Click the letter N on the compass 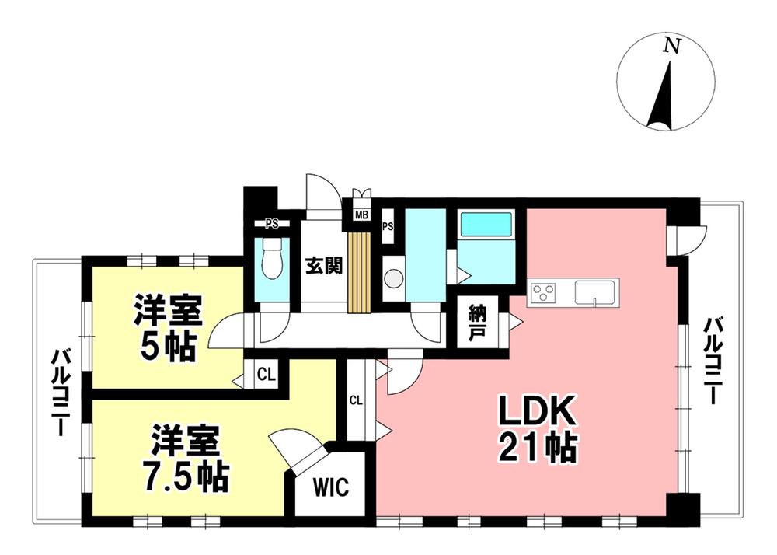[668, 47]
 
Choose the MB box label [362, 215]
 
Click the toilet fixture [272, 259]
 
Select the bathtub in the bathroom [486, 225]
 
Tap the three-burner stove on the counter [543, 293]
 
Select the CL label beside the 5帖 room [266, 374]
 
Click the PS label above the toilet [271, 225]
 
